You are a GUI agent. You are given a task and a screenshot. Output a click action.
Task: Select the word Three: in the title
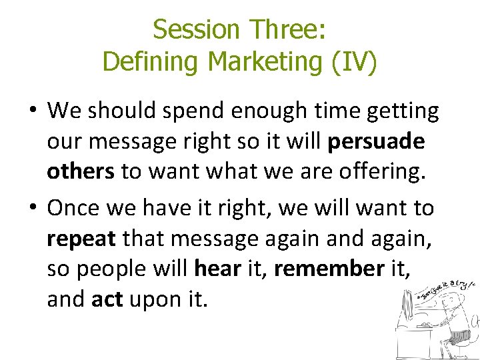pyautogui.click(x=288, y=30)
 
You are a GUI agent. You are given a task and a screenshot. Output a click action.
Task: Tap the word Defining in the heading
pyautogui.click(x=152, y=62)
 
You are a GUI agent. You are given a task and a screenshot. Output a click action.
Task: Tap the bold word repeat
pyautogui.click(x=81, y=239)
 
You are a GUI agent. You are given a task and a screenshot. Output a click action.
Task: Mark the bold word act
pyautogui.click(x=107, y=300)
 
